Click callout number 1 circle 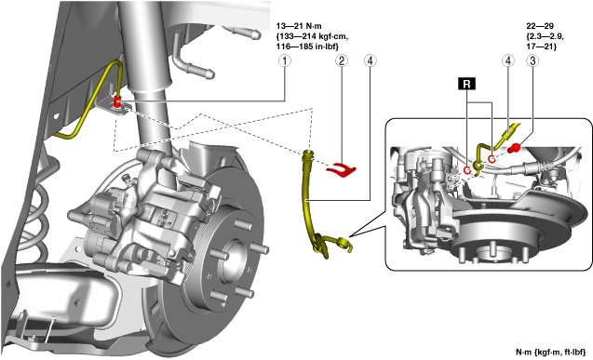pos(285,60)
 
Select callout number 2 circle pos(342,60)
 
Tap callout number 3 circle pos(532,60)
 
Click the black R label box pos(466,84)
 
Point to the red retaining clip pos(341,170)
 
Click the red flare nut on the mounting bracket pos(118,103)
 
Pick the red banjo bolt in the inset pos(514,148)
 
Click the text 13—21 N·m pos(299,26)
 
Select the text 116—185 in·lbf pos(307,47)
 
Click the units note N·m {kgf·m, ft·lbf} pos(551,352)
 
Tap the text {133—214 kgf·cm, pos(312,36)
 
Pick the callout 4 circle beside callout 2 pos(370,60)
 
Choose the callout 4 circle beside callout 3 pos(508,60)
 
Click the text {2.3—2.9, pos(545,36)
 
